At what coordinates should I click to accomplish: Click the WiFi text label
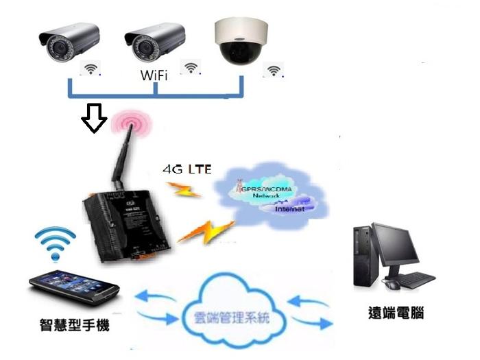[154, 73]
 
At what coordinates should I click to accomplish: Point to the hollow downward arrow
[94, 119]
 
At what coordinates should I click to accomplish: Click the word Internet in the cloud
[289, 208]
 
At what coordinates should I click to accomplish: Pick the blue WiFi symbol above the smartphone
[55, 243]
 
